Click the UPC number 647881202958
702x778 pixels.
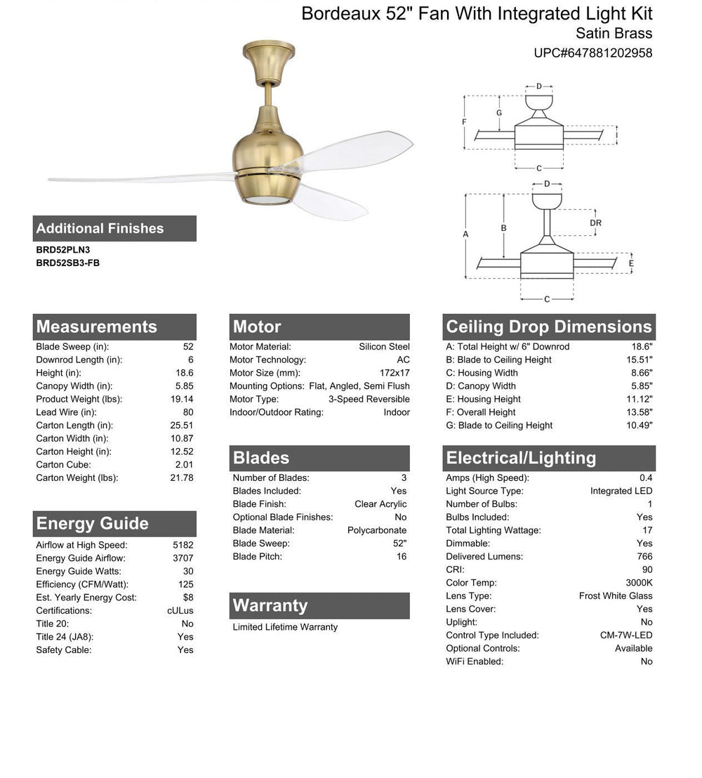593,53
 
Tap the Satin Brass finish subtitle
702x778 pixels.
614,33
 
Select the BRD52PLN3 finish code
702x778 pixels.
63,249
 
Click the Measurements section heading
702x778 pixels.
97,327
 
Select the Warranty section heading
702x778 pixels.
270,606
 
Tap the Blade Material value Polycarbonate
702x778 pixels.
377,530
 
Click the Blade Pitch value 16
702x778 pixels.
401,557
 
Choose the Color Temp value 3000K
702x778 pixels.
639,583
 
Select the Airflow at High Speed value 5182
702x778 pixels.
183,545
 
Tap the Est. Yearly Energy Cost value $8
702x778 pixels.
187,598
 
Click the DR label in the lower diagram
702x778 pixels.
595,223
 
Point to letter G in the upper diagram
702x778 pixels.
499,112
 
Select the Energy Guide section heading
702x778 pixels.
93,524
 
